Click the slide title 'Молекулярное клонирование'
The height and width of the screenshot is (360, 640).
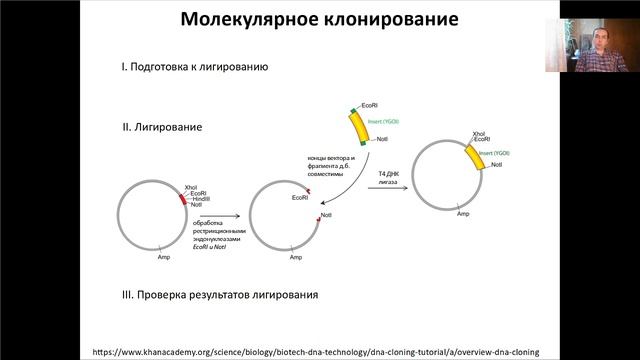point(319,20)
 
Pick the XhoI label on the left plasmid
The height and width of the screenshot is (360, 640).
point(193,186)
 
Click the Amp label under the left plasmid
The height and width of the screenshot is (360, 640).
point(164,258)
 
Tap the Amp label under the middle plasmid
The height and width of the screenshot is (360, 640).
point(296,258)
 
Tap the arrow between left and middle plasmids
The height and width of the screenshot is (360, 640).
point(225,214)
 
